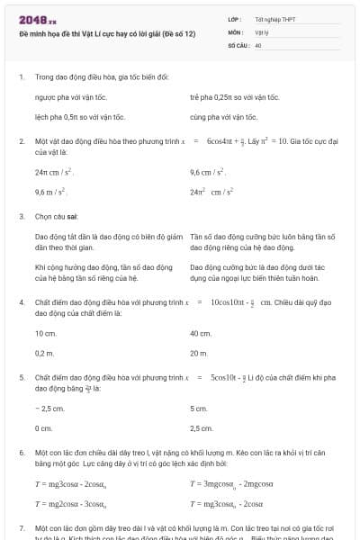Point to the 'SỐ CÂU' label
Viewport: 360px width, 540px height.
pyautogui.click(x=238, y=43)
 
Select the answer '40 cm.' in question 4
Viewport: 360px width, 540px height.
pyautogui.click(x=201, y=333)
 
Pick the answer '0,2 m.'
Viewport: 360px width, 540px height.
pyautogui.click(x=45, y=353)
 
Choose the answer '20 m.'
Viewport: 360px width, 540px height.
pyautogui.click(x=200, y=353)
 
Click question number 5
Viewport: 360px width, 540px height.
pyautogui.click(x=22, y=378)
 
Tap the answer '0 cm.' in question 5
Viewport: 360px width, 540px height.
pyautogui.click(x=44, y=428)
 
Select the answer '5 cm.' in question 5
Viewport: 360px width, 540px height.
pyautogui.click(x=199, y=409)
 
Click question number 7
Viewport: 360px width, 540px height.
pyautogui.click(x=22, y=527)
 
